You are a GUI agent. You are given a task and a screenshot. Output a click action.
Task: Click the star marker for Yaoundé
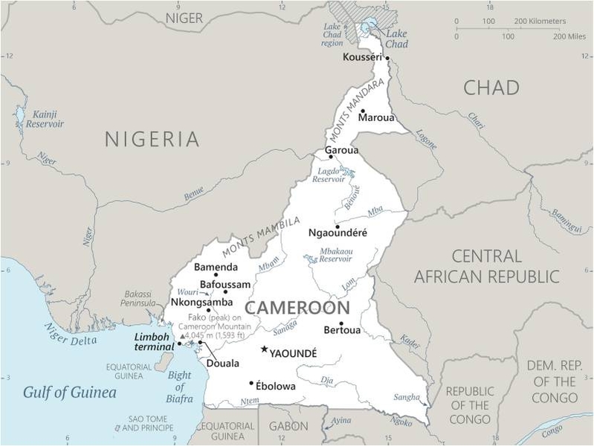click(x=263, y=349)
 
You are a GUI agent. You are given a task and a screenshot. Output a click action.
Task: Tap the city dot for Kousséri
click(x=387, y=58)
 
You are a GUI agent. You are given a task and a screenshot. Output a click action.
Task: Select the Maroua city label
click(x=376, y=117)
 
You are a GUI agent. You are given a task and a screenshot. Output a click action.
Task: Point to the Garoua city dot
click(x=331, y=157)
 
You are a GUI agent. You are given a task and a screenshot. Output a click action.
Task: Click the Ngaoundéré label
click(x=338, y=233)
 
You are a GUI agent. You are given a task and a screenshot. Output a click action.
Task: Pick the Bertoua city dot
click(x=341, y=323)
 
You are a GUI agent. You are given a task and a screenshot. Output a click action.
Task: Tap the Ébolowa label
click(x=275, y=387)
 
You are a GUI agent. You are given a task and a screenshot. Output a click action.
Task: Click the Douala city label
click(x=222, y=363)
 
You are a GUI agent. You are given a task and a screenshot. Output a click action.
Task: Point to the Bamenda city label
click(x=216, y=267)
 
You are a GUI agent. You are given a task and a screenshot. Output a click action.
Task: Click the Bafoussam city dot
click(x=225, y=291)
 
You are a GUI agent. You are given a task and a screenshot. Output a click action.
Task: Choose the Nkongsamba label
click(x=201, y=303)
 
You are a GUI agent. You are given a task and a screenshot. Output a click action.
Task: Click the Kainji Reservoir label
click(x=45, y=119)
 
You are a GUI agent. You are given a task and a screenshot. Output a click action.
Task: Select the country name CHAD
click(x=491, y=88)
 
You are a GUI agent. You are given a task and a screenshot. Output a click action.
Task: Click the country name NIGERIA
click(x=152, y=139)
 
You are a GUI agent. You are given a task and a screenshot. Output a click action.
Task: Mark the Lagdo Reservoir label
click(x=328, y=175)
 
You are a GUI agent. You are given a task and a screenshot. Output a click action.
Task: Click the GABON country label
click(x=288, y=426)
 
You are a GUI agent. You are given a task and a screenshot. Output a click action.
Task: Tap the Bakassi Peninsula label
click(x=138, y=299)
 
